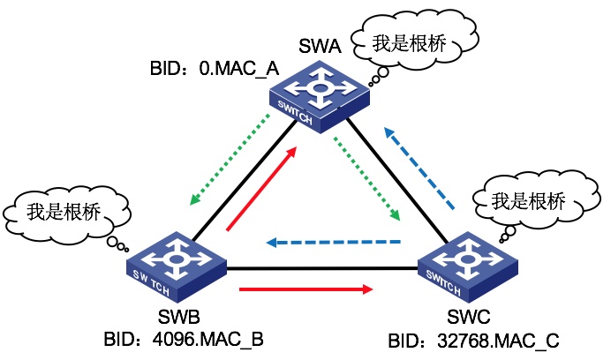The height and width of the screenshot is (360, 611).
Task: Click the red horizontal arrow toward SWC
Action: pyautogui.click(x=305, y=288)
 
